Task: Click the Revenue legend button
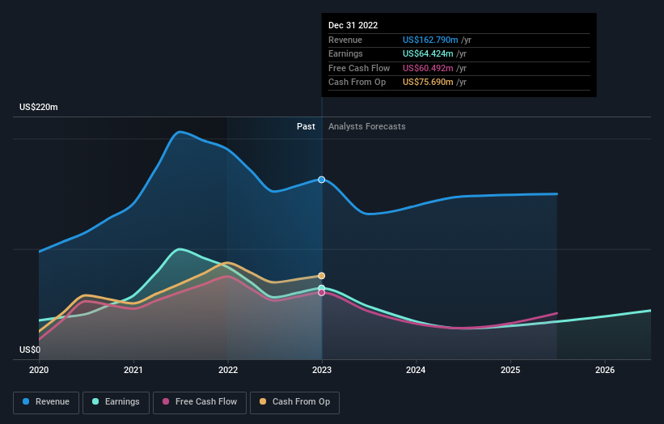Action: pyautogui.click(x=46, y=402)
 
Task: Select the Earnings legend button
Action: pyautogui.click(x=116, y=402)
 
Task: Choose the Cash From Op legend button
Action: pyautogui.click(x=295, y=402)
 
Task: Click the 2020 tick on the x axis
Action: pyautogui.click(x=39, y=371)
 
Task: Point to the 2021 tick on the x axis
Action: pyautogui.click(x=133, y=371)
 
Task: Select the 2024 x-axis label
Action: pyautogui.click(x=416, y=371)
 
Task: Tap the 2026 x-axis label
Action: pyautogui.click(x=604, y=371)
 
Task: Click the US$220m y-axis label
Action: pyautogui.click(x=39, y=108)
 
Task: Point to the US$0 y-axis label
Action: pyautogui.click(x=30, y=350)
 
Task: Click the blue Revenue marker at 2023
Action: pyautogui.click(x=322, y=180)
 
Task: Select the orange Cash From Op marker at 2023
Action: pyautogui.click(x=322, y=276)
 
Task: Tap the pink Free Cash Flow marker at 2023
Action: pyautogui.click(x=322, y=292)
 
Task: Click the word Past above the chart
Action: pyautogui.click(x=306, y=127)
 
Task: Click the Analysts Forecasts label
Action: pyautogui.click(x=367, y=127)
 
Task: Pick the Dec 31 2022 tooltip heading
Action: pyautogui.click(x=353, y=26)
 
